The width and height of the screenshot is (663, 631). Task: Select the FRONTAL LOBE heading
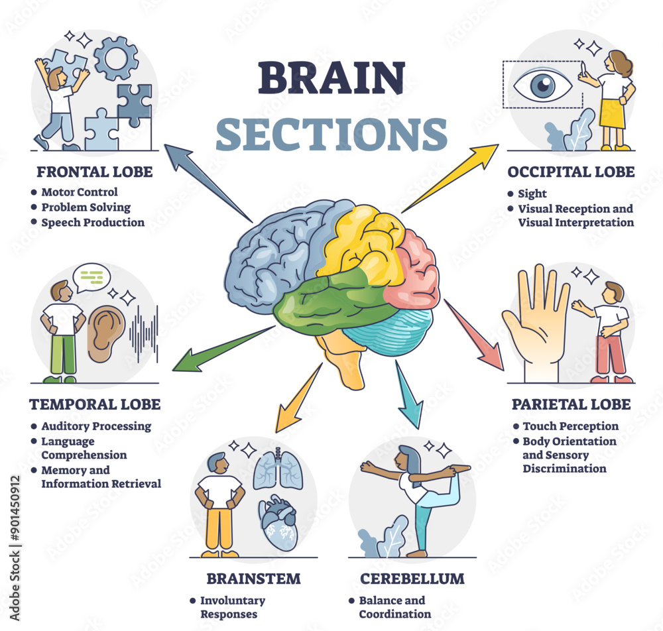point(94,172)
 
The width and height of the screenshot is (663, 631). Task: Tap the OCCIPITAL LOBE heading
point(571,172)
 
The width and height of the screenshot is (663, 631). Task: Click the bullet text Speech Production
point(93,223)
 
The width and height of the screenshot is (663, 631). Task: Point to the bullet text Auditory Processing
point(96,426)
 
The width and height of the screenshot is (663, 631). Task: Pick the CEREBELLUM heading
point(412,579)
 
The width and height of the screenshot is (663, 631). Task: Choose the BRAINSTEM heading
point(253,579)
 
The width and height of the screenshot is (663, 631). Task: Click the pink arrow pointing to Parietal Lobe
point(475,335)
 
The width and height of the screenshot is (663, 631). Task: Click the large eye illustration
point(543,85)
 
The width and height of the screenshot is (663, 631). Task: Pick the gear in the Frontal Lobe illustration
point(116,58)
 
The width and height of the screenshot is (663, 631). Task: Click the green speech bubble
point(91,278)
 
